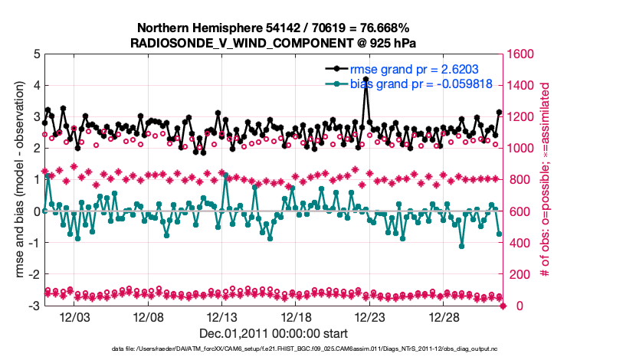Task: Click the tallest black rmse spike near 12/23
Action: pyautogui.click(x=366, y=79)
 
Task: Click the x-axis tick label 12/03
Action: pyautogui.click(x=75, y=317)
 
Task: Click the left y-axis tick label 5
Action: pyautogui.click(x=36, y=54)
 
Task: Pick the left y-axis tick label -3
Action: pyautogui.click(x=34, y=306)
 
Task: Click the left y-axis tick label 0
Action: pyautogui.click(x=36, y=211)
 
